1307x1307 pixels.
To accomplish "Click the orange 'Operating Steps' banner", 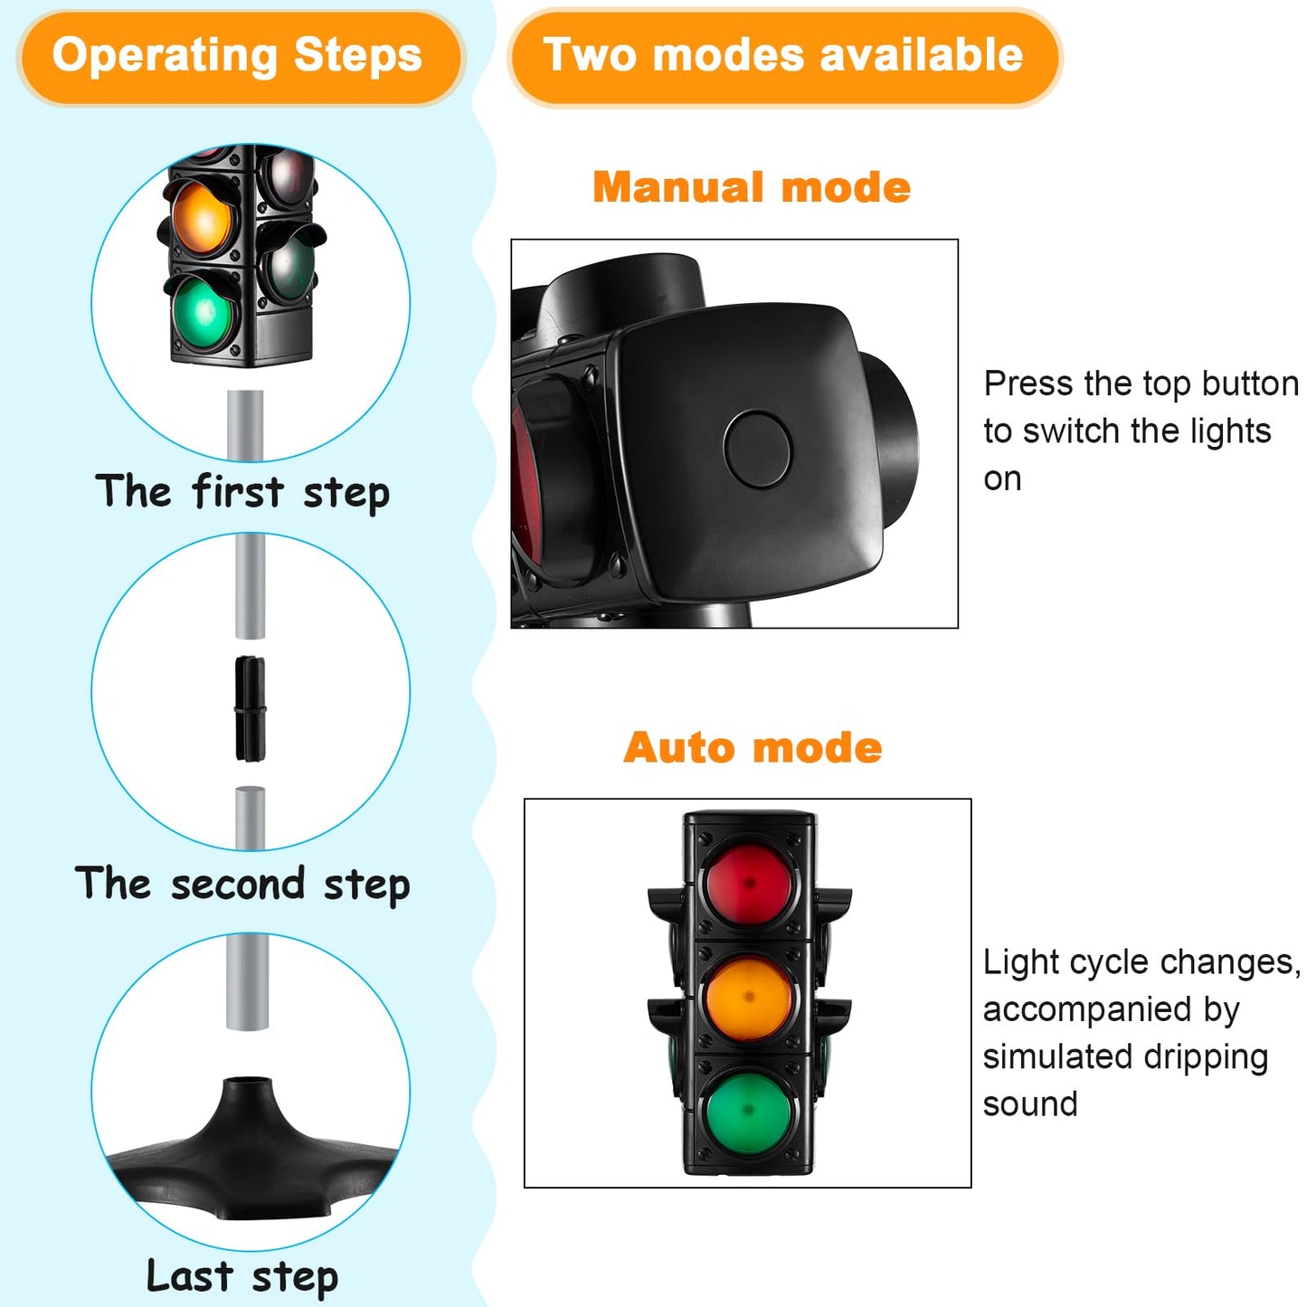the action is point(241,57).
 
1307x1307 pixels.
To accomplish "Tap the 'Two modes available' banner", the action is point(784,57).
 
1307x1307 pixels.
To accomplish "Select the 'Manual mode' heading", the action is point(752,187).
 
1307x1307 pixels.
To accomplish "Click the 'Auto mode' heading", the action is point(753,747).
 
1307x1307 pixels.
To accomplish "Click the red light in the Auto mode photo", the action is point(749,883).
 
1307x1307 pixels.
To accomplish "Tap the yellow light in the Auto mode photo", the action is point(749,997).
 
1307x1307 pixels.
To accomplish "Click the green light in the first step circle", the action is point(204,313).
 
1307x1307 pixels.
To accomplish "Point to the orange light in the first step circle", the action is point(202,217).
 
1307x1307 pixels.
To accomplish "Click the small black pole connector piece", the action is point(251,709).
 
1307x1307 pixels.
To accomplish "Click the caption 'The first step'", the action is point(242,492).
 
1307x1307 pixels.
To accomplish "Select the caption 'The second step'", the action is point(242,884).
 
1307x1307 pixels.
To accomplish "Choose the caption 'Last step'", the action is point(242,1275).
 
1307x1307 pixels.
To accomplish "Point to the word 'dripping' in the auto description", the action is point(1206,1057).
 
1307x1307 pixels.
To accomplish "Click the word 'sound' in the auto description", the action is point(1030,1104).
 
